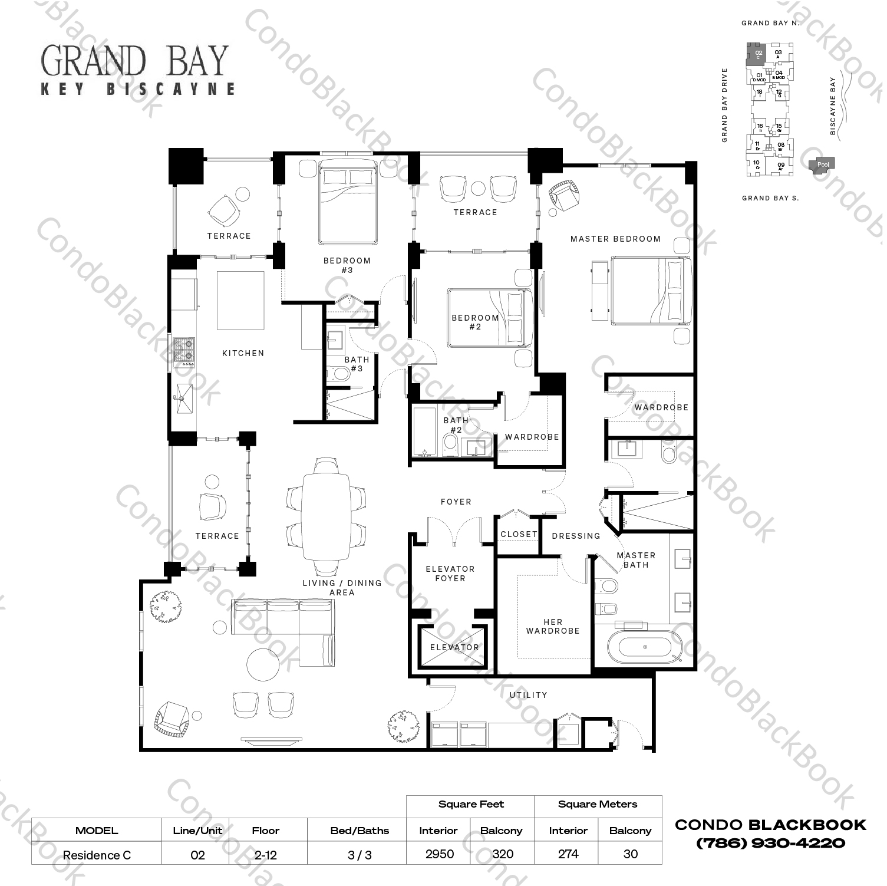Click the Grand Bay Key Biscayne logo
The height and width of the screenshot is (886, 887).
(138, 70)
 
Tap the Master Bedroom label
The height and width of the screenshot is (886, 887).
(615, 239)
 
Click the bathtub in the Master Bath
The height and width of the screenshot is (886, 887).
(645, 647)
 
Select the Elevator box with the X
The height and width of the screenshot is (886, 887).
(453, 647)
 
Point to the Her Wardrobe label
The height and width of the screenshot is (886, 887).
(553, 626)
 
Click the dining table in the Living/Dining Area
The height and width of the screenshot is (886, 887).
(326, 517)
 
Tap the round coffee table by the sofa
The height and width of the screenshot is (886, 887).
(263, 664)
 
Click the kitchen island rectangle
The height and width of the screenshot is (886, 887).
(240, 300)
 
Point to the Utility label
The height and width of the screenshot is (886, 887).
(528, 695)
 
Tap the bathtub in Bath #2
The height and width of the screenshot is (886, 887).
(424, 431)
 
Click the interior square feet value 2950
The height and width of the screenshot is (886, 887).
(439, 854)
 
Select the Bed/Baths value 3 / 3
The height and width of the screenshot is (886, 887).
(360, 855)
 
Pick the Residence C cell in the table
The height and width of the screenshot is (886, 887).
(97, 855)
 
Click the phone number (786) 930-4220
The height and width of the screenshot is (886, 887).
(770, 843)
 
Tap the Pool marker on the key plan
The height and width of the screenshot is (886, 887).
(823, 165)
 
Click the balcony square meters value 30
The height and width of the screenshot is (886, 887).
(630, 854)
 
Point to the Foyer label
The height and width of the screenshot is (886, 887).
(456, 502)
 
